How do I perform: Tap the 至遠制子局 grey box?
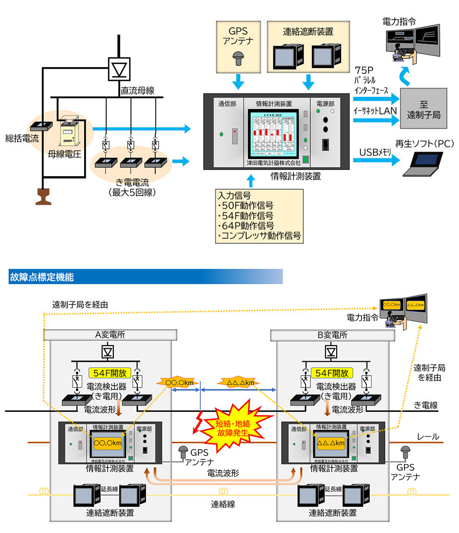[423, 110]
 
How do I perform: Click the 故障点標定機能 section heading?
[41, 277]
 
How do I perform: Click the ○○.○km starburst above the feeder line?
[176, 383]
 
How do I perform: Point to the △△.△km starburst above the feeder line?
[237, 383]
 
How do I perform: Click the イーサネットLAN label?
[374, 111]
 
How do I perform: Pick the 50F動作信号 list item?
[245, 206]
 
